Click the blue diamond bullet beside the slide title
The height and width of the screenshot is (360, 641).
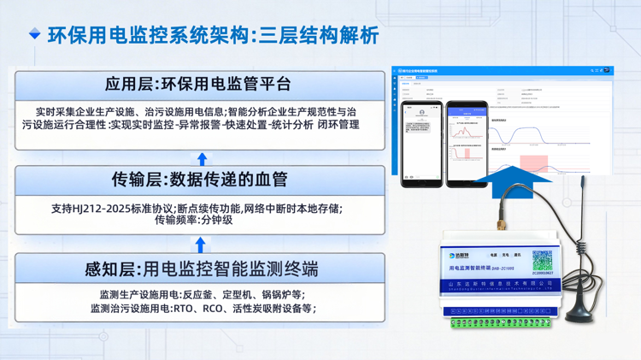pos(35,34)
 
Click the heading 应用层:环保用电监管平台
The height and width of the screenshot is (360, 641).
pos(199,84)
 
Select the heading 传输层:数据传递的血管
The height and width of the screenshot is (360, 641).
pos(199,179)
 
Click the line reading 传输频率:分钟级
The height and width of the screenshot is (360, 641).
pos(193,220)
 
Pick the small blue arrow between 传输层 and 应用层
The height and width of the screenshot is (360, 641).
pos(203,158)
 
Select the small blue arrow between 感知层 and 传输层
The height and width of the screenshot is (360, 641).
pos(202,245)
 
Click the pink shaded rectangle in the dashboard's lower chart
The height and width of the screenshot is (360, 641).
pos(534,162)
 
